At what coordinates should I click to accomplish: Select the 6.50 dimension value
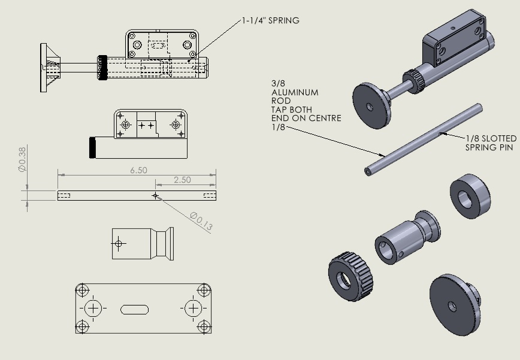pos(138,170)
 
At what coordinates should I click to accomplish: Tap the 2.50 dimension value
pos(183,180)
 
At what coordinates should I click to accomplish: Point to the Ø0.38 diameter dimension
pos(22,160)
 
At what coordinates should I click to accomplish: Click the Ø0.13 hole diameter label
pos(201,221)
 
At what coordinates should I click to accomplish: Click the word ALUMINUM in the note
pos(295,93)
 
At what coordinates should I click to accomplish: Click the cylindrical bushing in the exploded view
pos(404,238)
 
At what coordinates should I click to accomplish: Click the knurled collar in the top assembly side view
pos(102,67)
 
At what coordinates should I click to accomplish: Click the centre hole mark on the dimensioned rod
pos(156,196)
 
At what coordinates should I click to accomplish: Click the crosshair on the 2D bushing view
pos(119,243)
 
